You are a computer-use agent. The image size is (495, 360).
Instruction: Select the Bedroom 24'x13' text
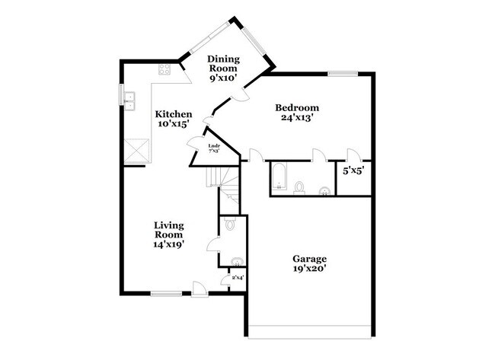pos(297,113)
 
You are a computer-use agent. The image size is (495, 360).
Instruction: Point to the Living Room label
pos(169,234)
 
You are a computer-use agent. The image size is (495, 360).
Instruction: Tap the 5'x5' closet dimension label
pos(353,171)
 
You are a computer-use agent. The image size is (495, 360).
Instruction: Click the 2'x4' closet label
pos(238,279)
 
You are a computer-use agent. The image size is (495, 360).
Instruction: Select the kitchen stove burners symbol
pos(164,71)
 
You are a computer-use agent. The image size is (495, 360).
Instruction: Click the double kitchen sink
pos(129,97)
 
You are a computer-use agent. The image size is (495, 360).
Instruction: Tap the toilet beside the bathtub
pos(300,187)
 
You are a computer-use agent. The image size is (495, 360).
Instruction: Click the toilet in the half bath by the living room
pos(233,224)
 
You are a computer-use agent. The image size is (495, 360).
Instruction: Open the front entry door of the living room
pos(199,288)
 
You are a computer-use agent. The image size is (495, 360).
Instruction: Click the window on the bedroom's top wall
pos(343,74)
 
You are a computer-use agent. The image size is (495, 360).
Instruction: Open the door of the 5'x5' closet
pos(352,155)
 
